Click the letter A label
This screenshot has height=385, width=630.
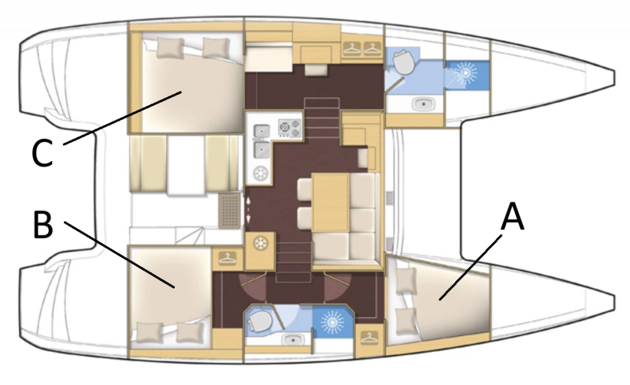[513, 217]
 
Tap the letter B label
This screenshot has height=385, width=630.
[43, 224]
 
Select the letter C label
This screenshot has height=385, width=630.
[43, 153]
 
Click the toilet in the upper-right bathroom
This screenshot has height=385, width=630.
[403, 62]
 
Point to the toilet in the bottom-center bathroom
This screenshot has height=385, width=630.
[260, 321]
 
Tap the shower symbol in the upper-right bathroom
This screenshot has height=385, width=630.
[466, 73]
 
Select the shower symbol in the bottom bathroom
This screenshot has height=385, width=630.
[332, 322]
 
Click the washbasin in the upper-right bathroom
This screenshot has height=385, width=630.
[424, 104]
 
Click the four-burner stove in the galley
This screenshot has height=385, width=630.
[290, 128]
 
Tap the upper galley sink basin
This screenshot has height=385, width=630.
[261, 130]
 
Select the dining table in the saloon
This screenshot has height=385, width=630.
[330, 202]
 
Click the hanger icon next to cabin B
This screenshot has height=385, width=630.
[228, 258]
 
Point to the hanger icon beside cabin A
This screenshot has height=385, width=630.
[369, 338]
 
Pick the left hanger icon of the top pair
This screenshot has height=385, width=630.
[351, 48]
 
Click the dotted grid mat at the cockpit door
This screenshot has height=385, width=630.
[229, 210]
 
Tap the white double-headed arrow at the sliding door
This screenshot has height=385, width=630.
[248, 210]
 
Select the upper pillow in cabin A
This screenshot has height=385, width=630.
[406, 281]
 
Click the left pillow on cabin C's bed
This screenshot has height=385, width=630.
[170, 48]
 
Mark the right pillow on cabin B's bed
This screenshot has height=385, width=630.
[190, 332]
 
